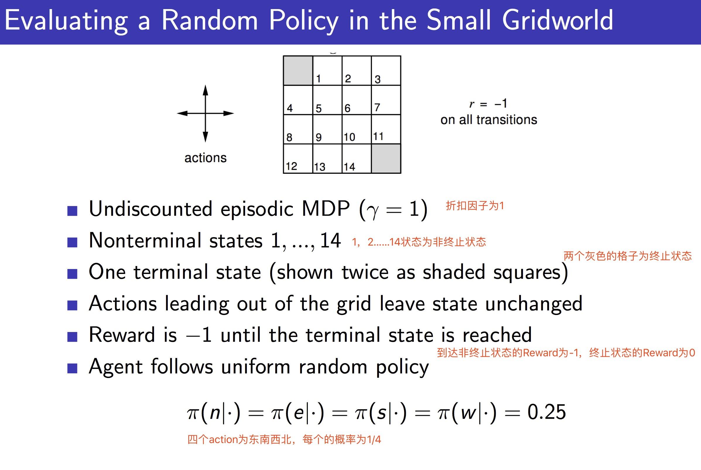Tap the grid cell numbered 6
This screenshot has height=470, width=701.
coord(357,100)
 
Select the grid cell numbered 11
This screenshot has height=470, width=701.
coord(386,129)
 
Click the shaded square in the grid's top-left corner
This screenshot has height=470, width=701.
coord(298,71)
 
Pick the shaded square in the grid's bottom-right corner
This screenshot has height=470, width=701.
coord(386,159)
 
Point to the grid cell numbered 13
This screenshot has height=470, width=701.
coord(327,159)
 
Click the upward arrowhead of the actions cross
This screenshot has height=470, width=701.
coord(206,90)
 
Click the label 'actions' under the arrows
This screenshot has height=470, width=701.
coord(206,158)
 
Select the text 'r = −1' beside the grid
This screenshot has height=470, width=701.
coord(488,104)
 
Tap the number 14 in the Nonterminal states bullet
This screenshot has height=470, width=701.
coord(330,240)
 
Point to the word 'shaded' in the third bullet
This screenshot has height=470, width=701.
coord(454,272)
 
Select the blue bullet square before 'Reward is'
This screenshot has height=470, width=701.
coord(72,337)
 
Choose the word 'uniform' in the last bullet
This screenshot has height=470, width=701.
coord(256,367)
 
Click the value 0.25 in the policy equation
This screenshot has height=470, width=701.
coord(546,412)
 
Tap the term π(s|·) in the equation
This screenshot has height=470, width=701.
coord(381,413)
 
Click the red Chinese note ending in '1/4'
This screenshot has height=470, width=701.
coord(284,440)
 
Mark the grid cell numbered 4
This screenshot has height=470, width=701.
coord(298,100)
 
